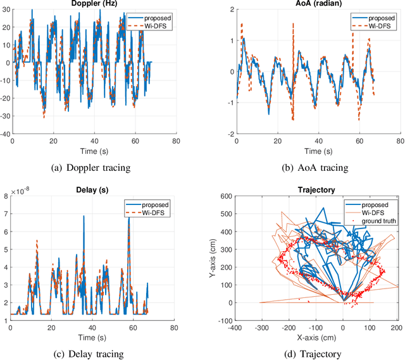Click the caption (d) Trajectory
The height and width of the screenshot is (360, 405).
pos(315,352)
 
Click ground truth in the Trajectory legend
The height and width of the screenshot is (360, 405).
pos(377,222)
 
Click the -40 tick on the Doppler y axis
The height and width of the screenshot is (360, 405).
pos(5,135)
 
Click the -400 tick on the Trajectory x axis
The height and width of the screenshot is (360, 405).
pos(235,328)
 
